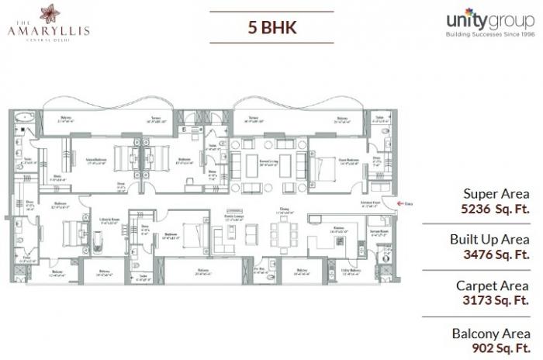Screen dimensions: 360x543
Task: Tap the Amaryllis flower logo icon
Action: click(x=53, y=14)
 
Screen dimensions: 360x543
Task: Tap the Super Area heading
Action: click(x=496, y=194)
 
